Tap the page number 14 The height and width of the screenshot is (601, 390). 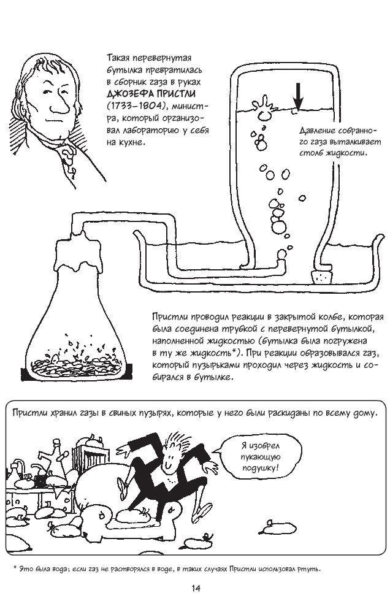[x=195, y=588]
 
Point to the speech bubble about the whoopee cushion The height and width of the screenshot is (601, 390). [x=260, y=458]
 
